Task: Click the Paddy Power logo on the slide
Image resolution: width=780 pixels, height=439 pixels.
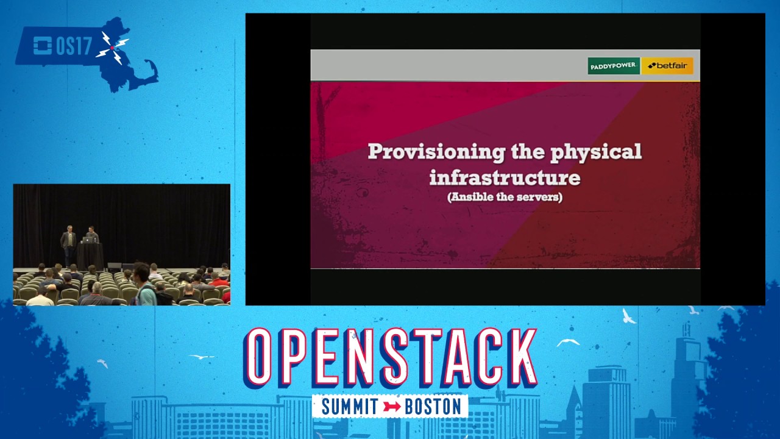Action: click(x=613, y=66)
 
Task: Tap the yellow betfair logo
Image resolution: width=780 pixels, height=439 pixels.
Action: click(x=667, y=66)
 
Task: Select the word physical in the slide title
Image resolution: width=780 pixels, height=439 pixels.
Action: click(x=596, y=152)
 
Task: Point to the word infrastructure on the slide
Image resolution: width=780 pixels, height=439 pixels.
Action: click(x=505, y=177)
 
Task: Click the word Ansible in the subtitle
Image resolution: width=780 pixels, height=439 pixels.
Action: click(x=472, y=197)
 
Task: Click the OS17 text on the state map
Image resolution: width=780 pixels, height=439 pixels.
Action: click(x=73, y=46)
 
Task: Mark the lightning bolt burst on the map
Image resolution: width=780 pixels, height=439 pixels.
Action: click(x=112, y=48)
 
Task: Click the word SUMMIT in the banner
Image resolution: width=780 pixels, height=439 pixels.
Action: click(x=350, y=407)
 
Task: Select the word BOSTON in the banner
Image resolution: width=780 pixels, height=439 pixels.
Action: click(x=433, y=407)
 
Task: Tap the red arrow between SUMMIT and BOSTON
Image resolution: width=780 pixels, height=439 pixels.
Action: click(x=392, y=407)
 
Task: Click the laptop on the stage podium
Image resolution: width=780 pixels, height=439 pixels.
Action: click(x=88, y=240)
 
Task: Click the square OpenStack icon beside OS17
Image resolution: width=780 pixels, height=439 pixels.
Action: click(x=42, y=46)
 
